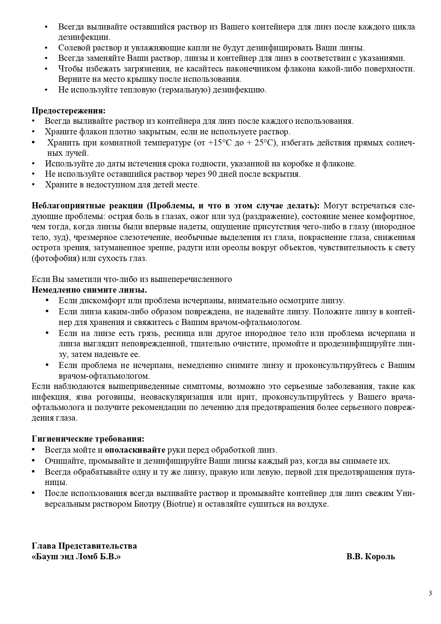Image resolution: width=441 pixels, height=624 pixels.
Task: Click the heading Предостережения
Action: [x=69, y=110]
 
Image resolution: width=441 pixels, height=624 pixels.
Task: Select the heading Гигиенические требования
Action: [x=88, y=439]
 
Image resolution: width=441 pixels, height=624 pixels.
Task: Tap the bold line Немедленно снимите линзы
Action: [x=89, y=289]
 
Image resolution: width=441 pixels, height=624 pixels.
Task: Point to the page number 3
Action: [x=430, y=593]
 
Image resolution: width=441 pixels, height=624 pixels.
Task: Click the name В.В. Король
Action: [x=371, y=556]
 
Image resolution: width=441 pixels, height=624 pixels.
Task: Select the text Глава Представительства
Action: [x=84, y=546]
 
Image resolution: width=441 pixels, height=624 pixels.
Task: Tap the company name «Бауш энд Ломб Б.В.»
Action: [x=76, y=556]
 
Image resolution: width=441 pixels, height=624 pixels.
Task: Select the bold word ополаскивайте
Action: [x=135, y=450]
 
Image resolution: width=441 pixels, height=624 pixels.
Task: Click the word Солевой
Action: [x=73, y=48]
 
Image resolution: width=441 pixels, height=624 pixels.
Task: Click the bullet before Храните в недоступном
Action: [x=34, y=185]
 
